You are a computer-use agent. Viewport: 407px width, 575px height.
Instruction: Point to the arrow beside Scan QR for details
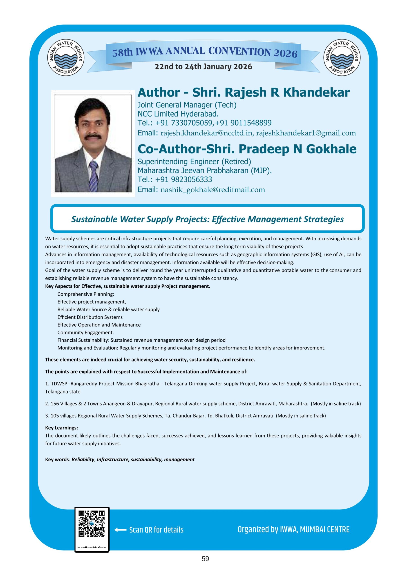click(120, 530)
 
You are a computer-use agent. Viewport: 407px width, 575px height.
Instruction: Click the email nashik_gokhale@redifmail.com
click(213, 190)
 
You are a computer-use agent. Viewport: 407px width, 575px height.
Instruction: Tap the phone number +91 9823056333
click(183, 179)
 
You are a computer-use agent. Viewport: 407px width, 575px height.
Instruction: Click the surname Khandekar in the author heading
click(316, 92)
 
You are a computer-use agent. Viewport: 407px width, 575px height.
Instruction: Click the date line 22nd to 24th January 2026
click(203, 67)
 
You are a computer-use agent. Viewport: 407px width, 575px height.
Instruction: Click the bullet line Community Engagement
click(85, 333)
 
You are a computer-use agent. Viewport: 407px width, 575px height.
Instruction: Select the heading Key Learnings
click(61, 428)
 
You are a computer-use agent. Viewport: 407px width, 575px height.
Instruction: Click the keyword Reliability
click(83, 460)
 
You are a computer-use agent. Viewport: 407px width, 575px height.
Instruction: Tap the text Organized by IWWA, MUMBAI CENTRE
click(293, 530)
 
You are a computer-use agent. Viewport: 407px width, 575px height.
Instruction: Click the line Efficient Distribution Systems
click(90, 317)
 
